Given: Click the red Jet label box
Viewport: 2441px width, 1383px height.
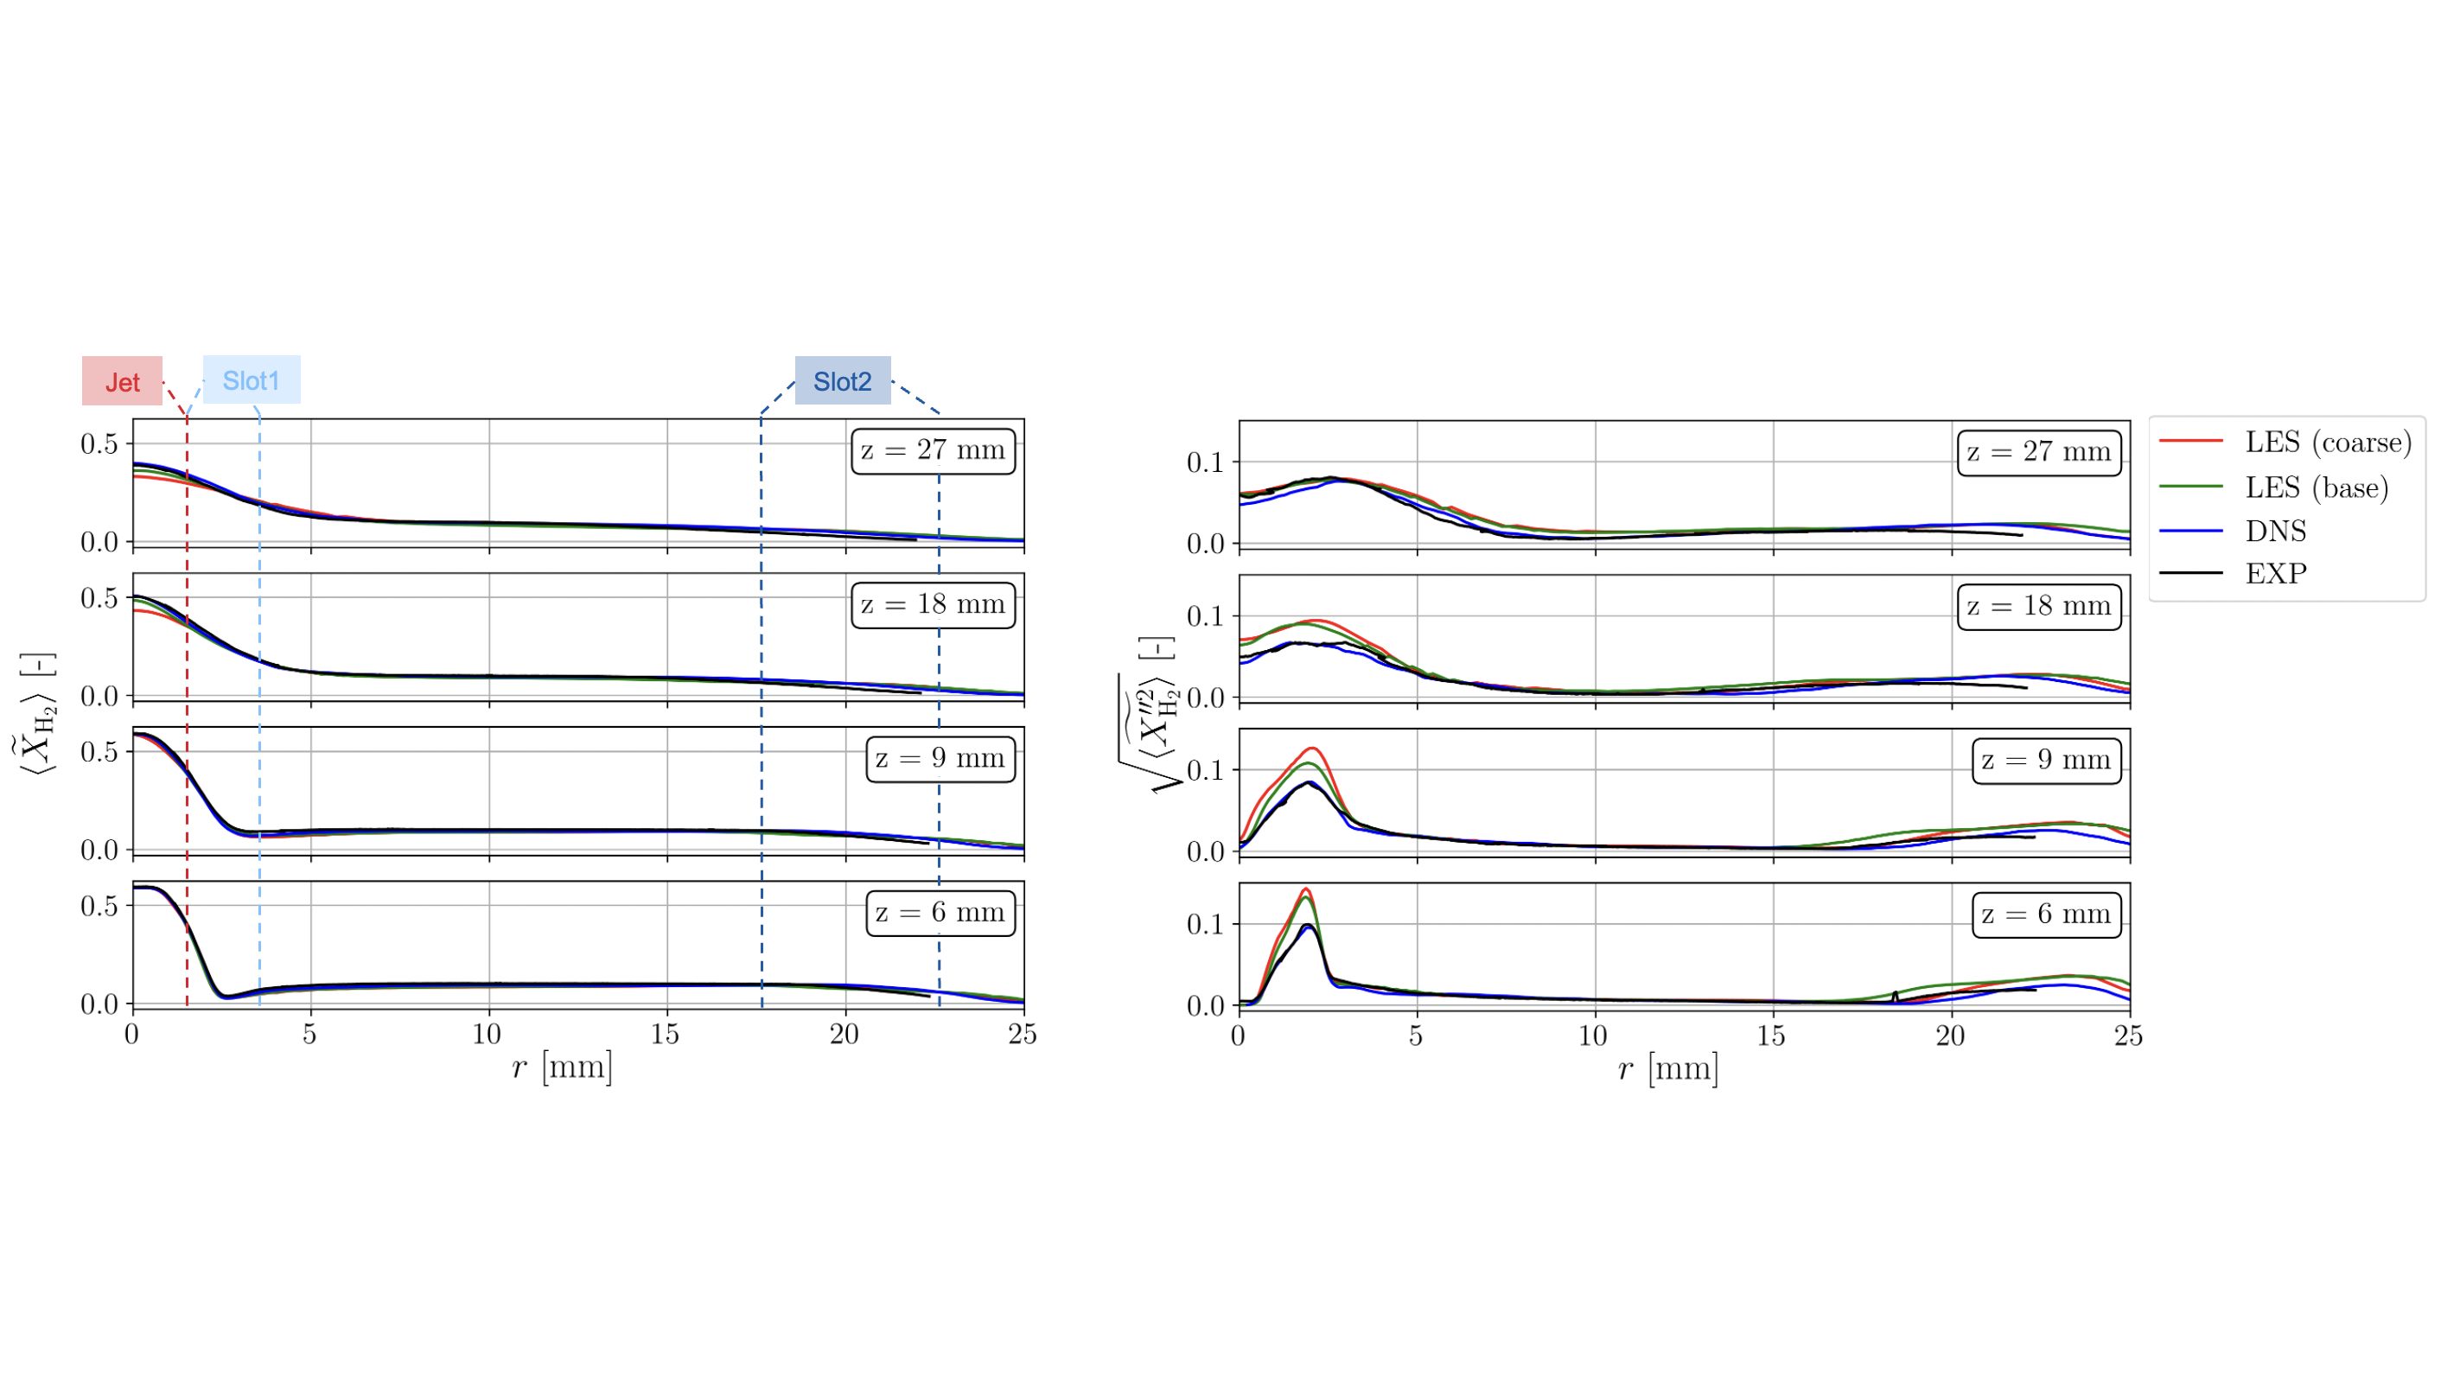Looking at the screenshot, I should [x=122, y=381].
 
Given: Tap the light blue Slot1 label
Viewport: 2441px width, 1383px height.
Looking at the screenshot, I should [x=251, y=380].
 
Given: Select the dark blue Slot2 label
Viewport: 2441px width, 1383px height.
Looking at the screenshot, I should [x=842, y=381].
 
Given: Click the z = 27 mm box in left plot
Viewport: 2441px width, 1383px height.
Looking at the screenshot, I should [x=932, y=450].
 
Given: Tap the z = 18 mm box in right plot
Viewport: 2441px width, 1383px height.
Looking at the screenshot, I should [x=2037, y=606].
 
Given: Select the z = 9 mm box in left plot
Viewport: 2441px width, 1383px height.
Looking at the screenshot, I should [x=940, y=759].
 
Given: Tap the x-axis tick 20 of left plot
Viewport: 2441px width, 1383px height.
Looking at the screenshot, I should [x=844, y=1034].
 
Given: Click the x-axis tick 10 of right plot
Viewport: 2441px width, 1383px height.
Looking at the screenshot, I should [x=1593, y=1036].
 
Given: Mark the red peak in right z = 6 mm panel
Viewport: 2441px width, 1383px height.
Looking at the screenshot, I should [x=1306, y=889].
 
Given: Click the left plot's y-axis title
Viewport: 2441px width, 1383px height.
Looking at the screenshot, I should [x=38, y=712].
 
